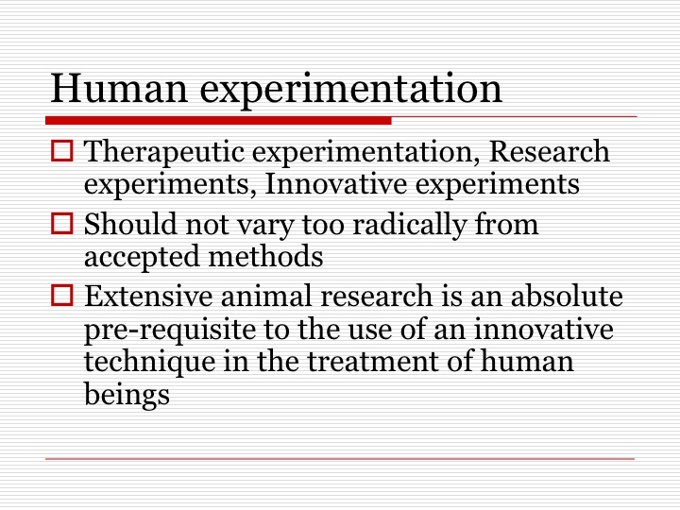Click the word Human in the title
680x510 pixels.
[x=119, y=89]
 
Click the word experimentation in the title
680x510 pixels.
[x=350, y=92]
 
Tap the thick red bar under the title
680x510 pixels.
[x=218, y=121]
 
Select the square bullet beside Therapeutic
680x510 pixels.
[x=62, y=151]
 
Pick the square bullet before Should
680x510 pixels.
[x=62, y=223]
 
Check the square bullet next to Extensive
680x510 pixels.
[x=62, y=295]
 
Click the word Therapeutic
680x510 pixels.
[x=164, y=152]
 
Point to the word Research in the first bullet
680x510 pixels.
[x=549, y=151]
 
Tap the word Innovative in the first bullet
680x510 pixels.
[x=335, y=183]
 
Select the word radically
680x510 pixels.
[x=409, y=225]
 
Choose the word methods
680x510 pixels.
[x=265, y=255]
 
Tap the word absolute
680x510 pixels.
[x=567, y=296]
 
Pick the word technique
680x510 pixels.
[x=149, y=363]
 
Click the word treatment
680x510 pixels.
[x=373, y=362]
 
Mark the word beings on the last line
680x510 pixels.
[x=127, y=396]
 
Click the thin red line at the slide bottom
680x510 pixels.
[x=340, y=458]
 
